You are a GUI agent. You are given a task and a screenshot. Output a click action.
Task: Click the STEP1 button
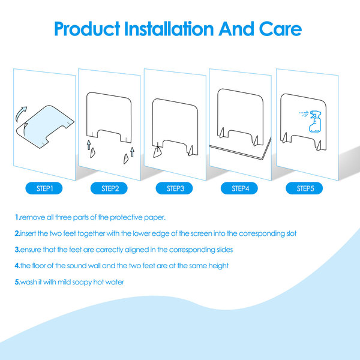44,188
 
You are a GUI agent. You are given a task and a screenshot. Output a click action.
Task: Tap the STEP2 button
109,188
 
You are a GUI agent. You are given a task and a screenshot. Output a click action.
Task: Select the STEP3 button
174,188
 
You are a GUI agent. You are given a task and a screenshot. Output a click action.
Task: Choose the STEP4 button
239,188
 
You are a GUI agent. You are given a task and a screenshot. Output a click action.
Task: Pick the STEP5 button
304,188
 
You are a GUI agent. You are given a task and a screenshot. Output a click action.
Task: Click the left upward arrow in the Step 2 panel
89,145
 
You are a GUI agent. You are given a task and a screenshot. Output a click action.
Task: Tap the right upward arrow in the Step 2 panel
132,152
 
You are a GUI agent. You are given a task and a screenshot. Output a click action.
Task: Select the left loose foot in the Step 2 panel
92,152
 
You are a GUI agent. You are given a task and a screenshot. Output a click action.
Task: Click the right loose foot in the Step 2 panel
126,158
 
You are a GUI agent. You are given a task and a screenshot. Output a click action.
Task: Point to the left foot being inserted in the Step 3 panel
157,152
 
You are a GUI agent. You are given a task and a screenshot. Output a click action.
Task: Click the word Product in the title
87,29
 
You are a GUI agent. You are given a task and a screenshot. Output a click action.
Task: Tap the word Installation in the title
169,29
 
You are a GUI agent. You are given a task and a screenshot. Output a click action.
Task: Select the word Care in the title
280,29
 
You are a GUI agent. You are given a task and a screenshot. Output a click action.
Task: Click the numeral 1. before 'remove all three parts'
17,217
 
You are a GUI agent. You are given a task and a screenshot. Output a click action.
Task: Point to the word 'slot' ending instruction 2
291,233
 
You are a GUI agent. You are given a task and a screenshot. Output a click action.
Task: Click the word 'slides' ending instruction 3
225,250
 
